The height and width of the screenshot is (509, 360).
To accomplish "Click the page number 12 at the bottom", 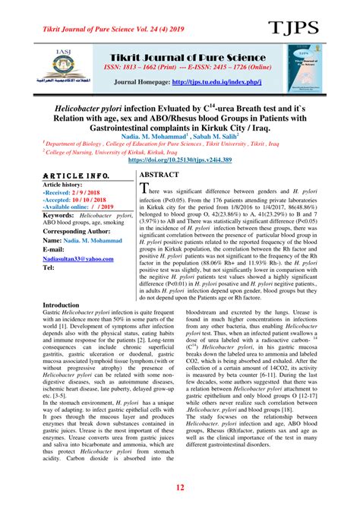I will pos(180,487).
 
